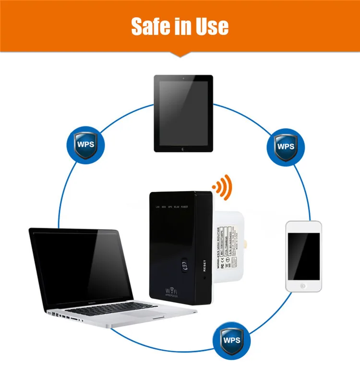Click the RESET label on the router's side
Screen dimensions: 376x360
[204, 265]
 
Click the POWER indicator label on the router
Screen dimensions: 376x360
[184, 207]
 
